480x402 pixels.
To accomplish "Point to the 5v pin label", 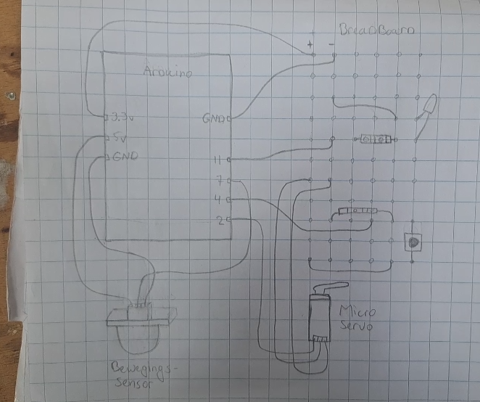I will pyautogui.click(x=118, y=137).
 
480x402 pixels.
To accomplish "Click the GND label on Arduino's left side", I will pyautogui.click(x=124, y=157).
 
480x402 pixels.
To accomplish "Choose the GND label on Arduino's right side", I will pyautogui.click(x=215, y=118).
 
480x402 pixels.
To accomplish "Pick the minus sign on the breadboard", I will pyautogui.click(x=332, y=46).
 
